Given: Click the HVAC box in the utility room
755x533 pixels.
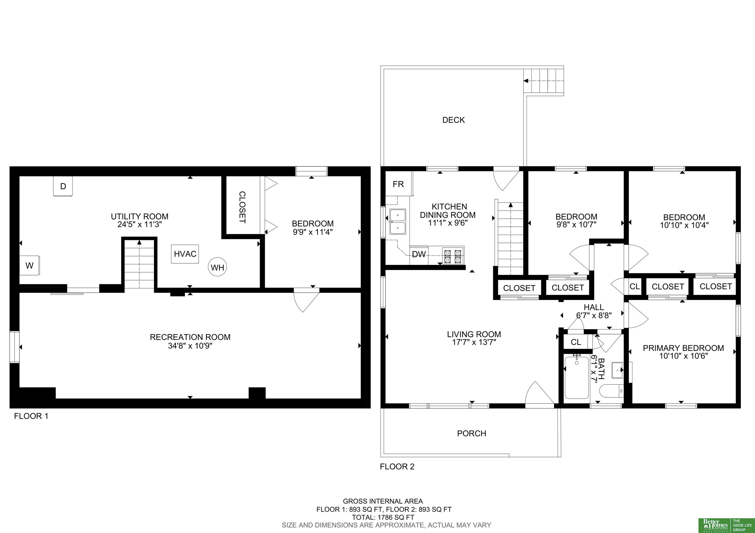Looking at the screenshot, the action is (x=185, y=254).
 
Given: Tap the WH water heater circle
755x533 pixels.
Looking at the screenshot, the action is (x=217, y=267).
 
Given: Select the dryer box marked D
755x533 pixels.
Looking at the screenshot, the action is (x=63, y=186).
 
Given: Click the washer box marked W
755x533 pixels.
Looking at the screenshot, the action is (x=29, y=266).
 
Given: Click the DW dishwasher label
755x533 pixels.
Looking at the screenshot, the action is (x=419, y=254).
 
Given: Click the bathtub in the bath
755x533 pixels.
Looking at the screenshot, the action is (x=577, y=378).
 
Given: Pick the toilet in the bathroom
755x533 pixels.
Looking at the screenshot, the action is (x=611, y=391).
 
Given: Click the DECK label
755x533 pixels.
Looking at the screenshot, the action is (x=453, y=120).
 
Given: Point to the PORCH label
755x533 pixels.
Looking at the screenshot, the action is (x=472, y=434).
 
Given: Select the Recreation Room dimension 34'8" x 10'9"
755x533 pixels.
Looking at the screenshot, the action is (x=190, y=346).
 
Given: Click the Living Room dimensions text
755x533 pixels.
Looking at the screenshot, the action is (x=474, y=342).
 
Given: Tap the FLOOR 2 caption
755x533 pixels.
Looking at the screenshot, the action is (x=397, y=467).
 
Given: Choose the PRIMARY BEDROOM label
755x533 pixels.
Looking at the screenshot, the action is (x=683, y=348).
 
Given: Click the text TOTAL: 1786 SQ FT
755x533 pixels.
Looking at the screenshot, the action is (x=383, y=517).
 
